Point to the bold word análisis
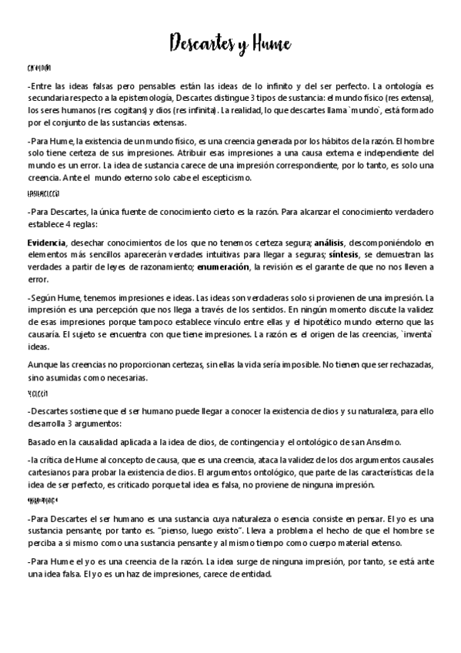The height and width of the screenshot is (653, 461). click(330, 242)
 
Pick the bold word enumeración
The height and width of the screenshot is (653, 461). click(222, 266)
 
